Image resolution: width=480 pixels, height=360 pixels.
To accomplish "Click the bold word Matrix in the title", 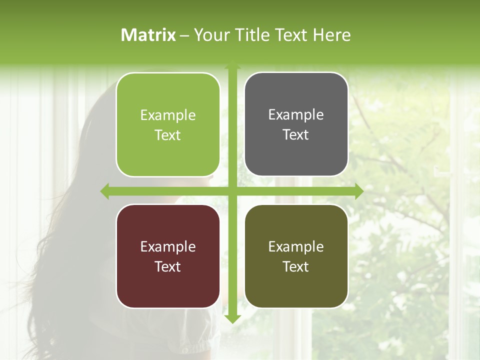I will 148,35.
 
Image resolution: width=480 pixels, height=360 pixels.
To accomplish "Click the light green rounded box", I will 168,124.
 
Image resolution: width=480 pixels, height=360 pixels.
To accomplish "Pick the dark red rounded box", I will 168,256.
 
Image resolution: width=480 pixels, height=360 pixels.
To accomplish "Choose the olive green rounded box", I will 296,256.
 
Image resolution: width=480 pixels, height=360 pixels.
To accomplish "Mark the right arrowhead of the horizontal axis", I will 358,191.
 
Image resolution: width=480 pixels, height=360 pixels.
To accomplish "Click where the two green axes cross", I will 232,191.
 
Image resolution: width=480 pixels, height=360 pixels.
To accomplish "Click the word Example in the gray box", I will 296,114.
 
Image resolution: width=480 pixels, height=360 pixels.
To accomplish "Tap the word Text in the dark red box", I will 168,266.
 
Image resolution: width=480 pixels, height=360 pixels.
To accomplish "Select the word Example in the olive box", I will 296,246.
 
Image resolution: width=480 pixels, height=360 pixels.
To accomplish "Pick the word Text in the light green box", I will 168,135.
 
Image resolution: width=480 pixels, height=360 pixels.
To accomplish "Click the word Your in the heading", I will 209,35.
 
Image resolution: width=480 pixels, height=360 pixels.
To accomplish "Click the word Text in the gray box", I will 296,134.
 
